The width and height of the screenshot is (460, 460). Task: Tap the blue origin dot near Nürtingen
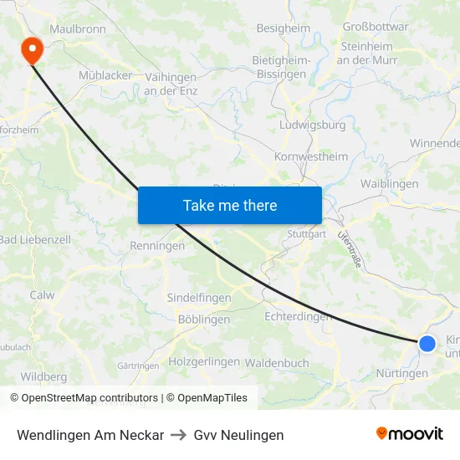pos(427,343)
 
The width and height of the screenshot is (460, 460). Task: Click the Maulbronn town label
pos(78,28)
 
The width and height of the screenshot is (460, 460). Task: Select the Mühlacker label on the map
pos(105,74)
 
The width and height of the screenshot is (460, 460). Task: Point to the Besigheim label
pos(283,28)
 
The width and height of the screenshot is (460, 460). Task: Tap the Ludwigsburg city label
pos(312,125)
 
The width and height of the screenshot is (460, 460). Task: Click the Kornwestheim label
pos(311,156)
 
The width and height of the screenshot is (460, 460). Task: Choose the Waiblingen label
pos(389,183)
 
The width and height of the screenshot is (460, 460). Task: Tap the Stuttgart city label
pos(306,234)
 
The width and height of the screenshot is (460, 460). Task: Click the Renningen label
pos(156,246)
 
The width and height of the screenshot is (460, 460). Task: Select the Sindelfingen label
pos(199,298)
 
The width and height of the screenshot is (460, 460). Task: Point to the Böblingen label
pos(204,319)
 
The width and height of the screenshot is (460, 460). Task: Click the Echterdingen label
pos(298,316)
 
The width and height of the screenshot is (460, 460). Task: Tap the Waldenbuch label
pos(277,363)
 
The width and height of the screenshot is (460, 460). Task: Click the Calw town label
pos(42,294)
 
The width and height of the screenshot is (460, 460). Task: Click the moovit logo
pos(410,434)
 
